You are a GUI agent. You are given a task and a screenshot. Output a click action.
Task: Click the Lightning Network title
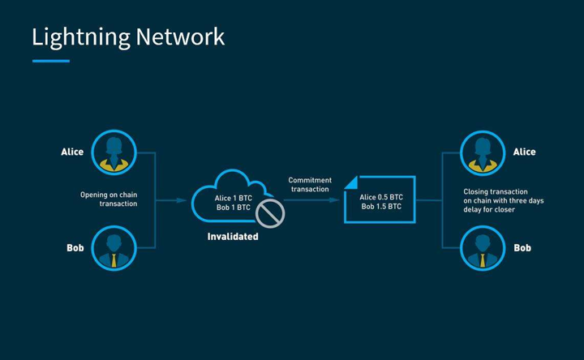point(128,36)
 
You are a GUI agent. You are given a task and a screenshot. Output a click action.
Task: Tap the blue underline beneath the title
point(50,61)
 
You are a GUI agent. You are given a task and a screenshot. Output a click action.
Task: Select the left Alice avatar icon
point(113,152)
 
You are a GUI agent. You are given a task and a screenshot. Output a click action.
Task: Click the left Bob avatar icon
point(113,247)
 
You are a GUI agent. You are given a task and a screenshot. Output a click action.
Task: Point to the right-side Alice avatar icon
point(482,152)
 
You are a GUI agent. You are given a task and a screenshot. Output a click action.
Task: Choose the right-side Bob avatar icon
point(482,247)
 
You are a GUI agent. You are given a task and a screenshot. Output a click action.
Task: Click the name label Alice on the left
point(72,152)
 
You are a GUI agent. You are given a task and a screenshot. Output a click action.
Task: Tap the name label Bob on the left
point(75,248)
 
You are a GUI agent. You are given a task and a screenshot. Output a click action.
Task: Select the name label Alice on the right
point(524,152)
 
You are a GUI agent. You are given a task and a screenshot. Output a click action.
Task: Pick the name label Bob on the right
point(522,248)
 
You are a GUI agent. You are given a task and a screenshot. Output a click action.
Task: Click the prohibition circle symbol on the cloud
point(269,213)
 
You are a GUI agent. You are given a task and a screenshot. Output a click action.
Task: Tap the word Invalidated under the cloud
point(233,237)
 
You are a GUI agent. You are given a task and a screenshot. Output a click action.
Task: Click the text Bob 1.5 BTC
point(381,207)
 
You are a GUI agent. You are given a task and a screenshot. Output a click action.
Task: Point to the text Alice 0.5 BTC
point(381,196)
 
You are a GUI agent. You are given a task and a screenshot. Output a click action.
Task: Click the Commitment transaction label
point(310,184)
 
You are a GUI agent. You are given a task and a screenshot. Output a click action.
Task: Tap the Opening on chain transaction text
point(109,199)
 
